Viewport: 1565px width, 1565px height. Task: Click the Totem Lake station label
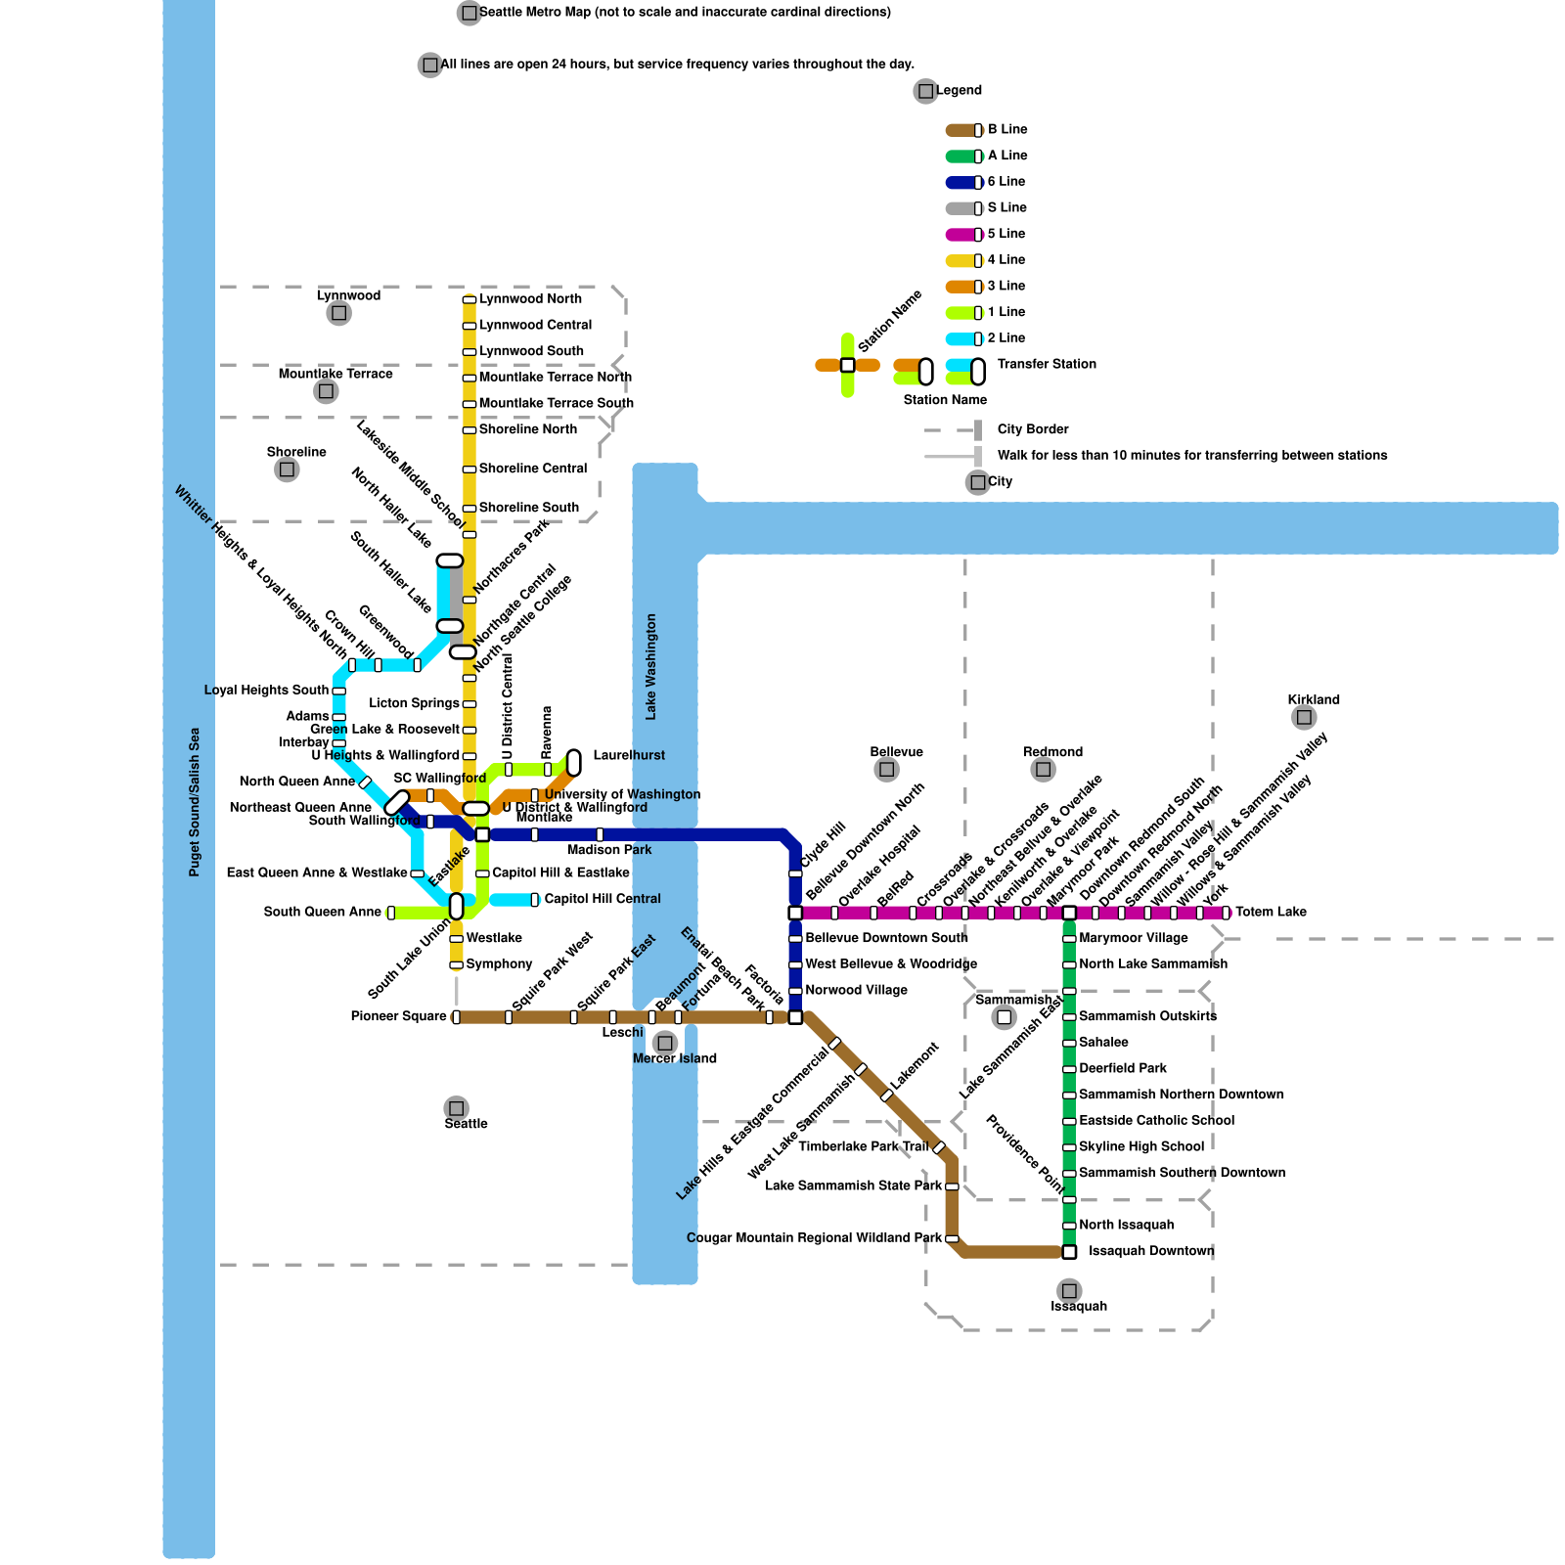click(1271, 912)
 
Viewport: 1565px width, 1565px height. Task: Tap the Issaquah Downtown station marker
click(1069, 1251)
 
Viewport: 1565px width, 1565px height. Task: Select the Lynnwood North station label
click(530, 298)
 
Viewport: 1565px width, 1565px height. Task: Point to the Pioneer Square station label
click(398, 1016)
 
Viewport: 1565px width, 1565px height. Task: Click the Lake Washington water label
click(651, 666)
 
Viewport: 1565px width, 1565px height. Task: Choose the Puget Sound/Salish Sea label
click(195, 801)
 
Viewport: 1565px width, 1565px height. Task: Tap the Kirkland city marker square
click(1303, 718)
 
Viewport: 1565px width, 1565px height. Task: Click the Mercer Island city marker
click(665, 1043)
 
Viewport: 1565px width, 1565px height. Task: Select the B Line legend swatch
click(962, 130)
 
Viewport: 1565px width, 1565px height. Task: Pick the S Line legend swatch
click(962, 208)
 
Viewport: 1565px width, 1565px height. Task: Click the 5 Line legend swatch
click(962, 235)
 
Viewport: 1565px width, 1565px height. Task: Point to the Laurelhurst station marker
click(574, 762)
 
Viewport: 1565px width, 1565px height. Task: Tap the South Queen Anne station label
click(322, 912)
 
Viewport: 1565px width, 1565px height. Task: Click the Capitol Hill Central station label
click(603, 899)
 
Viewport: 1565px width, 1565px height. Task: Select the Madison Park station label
click(608, 850)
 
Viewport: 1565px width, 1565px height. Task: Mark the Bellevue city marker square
click(886, 770)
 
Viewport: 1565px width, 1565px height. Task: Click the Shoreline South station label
click(528, 508)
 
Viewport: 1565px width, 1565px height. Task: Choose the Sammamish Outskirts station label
click(1147, 1016)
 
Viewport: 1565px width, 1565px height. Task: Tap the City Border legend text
click(1033, 429)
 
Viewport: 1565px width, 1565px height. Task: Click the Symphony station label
click(499, 964)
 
